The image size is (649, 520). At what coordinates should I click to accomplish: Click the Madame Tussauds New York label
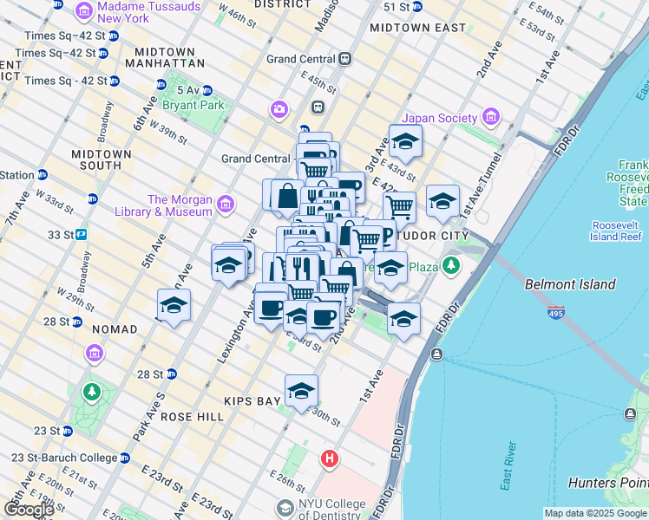[149, 12]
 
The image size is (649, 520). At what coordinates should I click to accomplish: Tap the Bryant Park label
[199, 105]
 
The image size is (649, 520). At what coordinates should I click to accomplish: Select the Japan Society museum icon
[490, 117]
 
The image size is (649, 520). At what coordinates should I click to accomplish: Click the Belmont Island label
[570, 284]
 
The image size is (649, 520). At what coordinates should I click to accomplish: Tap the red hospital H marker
[329, 458]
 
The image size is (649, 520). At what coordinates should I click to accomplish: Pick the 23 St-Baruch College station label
[63, 458]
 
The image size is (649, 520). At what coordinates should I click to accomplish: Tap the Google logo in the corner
[28, 509]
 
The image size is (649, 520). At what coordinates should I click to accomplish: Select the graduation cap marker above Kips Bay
[301, 391]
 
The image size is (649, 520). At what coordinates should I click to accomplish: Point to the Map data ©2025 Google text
[595, 513]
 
